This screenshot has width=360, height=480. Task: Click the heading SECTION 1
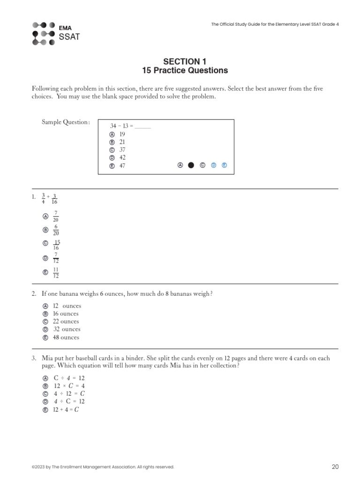click(184, 61)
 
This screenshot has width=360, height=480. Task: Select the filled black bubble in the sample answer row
click(191, 165)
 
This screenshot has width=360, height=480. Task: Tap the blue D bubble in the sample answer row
click(213, 165)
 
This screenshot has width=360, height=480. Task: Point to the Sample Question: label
click(66, 122)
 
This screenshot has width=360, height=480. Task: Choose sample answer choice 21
click(122, 142)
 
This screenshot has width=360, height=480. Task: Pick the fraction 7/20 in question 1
click(56, 216)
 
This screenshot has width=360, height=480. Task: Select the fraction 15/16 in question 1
click(56, 245)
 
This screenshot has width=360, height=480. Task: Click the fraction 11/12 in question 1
click(56, 273)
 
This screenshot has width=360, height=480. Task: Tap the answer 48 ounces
click(66, 337)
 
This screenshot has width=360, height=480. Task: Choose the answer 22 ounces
click(66, 322)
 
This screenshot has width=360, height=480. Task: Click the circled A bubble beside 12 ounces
click(45, 306)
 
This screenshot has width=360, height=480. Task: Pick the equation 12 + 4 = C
click(66, 410)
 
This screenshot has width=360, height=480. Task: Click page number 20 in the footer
click(335, 466)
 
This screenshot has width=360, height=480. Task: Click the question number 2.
click(34, 294)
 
